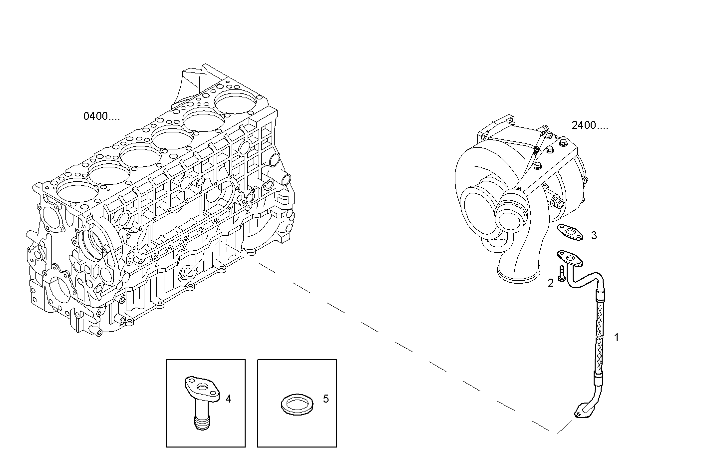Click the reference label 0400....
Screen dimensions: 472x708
click(x=101, y=117)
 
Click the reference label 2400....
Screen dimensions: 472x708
click(x=590, y=125)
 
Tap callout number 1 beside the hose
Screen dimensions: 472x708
click(x=616, y=338)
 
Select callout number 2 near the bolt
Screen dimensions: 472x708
click(x=551, y=283)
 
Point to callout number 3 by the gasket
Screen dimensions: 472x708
click(x=594, y=235)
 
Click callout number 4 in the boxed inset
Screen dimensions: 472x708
click(x=229, y=399)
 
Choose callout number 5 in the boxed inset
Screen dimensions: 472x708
click(x=326, y=399)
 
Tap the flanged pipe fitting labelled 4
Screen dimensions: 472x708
click(x=202, y=395)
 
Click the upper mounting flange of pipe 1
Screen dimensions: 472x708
click(x=570, y=258)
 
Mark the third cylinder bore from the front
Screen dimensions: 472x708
click(x=138, y=155)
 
